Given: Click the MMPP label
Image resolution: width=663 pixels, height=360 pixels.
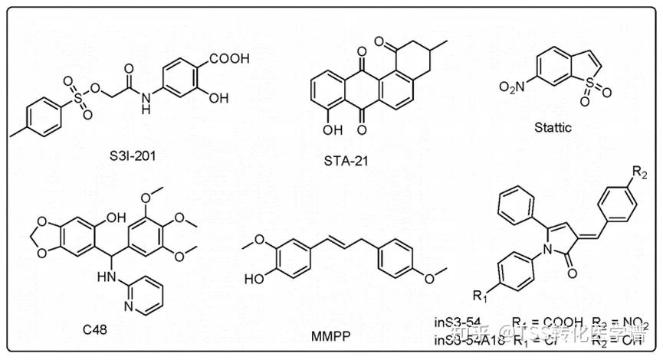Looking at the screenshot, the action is click(331, 335).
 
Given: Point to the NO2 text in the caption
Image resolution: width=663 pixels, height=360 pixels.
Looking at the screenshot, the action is click(638, 322).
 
